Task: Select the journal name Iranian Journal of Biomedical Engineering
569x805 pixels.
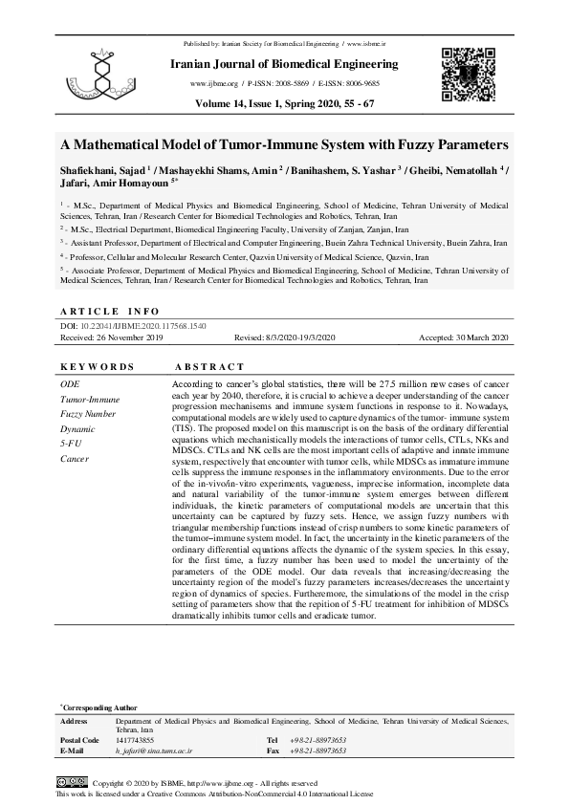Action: pyautogui.click(x=284, y=64)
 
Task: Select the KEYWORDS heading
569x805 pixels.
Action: pyautogui.click(x=98, y=367)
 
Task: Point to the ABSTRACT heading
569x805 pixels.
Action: pyautogui.click(x=210, y=367)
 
